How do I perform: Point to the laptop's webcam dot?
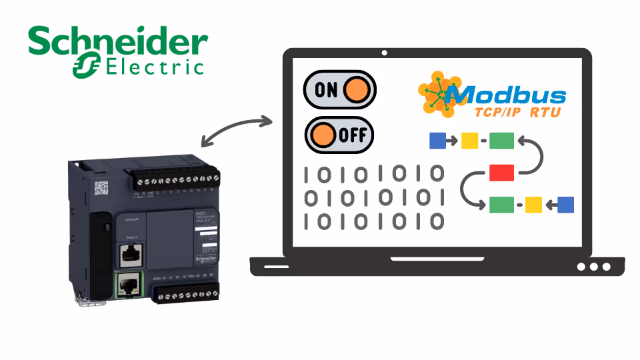tap(384, 53)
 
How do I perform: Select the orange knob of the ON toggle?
tap(358, 90)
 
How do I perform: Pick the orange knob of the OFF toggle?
tap(323, 135)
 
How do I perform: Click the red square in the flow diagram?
tap(501, 173)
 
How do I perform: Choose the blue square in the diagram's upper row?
tap(437, 141)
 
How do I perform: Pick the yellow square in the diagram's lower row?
tap(533, 205)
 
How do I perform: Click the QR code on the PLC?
tap(101, 187)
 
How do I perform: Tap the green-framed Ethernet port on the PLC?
tap(126, 287)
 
